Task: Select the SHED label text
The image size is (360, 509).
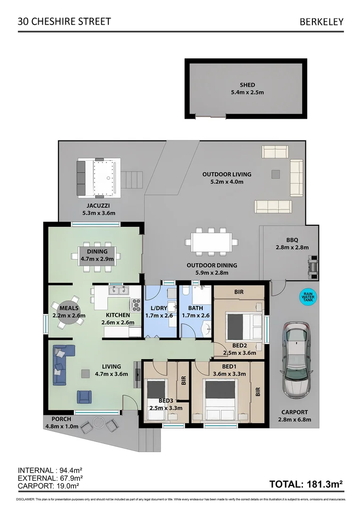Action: [247, 85]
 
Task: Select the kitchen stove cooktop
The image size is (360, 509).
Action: [136, 305]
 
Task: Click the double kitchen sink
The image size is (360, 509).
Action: [119, 290]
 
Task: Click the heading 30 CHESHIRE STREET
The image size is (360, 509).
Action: [64, 21]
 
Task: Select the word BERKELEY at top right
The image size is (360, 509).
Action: [321, 22]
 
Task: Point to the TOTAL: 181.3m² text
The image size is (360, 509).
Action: [305, 484]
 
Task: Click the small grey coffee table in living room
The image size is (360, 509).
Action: [85, 373]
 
